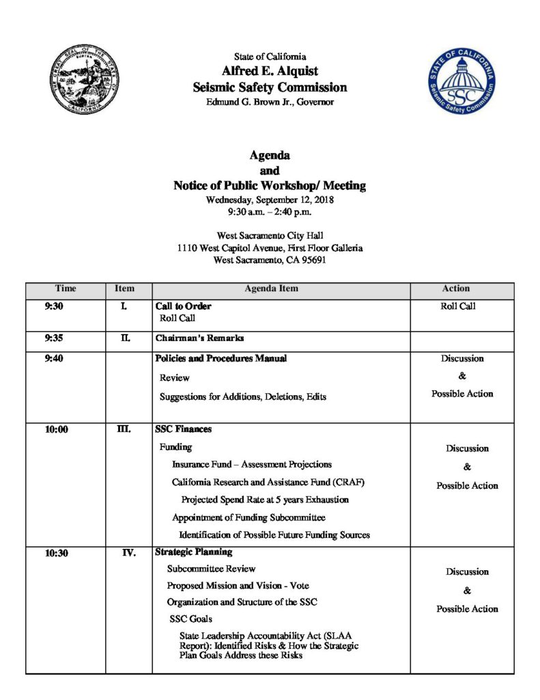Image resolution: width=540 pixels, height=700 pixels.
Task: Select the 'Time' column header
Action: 66,289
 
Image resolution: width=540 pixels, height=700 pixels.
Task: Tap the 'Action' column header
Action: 456,289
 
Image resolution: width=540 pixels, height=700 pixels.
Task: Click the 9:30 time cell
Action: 54,307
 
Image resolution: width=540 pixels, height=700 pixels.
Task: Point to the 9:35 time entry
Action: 54,338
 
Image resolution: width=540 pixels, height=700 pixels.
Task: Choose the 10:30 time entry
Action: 57,553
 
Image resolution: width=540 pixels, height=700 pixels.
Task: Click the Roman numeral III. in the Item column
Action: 124,429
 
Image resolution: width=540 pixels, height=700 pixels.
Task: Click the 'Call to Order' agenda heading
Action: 183,306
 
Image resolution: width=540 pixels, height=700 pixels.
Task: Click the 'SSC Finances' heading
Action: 183,429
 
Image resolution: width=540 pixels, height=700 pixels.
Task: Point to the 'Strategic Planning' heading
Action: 194,552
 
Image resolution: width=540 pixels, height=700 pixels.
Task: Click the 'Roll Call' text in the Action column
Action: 458,307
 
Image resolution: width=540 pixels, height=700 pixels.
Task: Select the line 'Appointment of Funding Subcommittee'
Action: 248,517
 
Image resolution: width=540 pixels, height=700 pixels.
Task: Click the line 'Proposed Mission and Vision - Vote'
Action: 238,586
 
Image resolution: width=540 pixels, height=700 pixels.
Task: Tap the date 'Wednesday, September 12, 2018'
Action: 270,200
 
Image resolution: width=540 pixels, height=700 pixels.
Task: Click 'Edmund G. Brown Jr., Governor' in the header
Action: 270,103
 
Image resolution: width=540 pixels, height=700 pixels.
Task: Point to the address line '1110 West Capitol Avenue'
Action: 270,248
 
